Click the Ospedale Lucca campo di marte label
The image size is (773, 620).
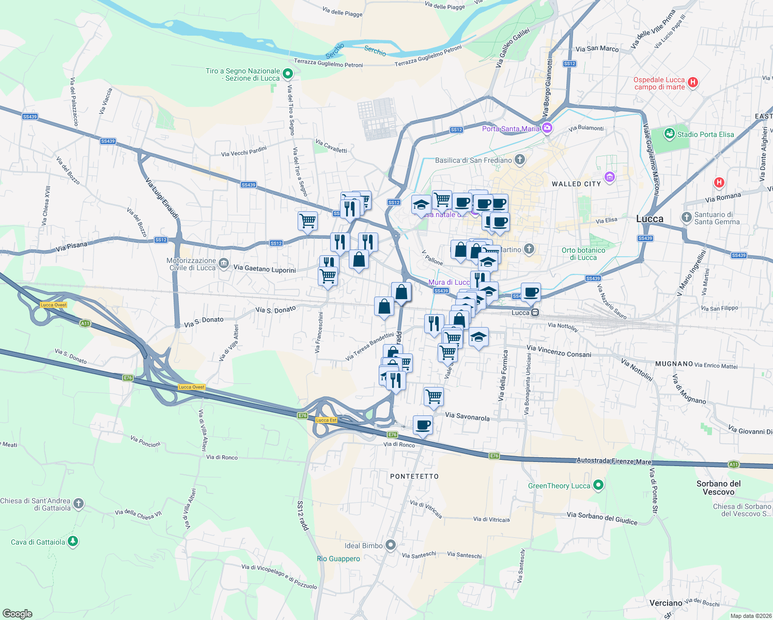point(659,83)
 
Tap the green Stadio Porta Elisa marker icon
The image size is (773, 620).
point(670,134)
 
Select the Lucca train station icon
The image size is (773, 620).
point(536,313)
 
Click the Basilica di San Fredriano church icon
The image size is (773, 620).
point(520,160)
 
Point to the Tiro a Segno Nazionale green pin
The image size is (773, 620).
point(287,74)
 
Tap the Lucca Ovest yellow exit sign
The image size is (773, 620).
point(54,305)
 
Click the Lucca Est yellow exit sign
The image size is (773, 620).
point(326,420)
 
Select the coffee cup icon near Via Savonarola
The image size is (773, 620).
point(423,425)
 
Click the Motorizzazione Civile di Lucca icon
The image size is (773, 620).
point(223,264)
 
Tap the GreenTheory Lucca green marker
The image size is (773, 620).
point(598,485)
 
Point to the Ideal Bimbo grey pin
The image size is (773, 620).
point(391,545)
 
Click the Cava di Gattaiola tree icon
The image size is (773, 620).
point(73,541)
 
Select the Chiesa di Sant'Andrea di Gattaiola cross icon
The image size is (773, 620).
point(78,503)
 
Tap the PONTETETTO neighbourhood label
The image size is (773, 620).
point(414,476)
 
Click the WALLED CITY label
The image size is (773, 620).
point(576,184)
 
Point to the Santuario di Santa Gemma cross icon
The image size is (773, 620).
point(687,218)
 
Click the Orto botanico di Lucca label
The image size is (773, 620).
point(583,254)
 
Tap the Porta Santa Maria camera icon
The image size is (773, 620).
point(547,128)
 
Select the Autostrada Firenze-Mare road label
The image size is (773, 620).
point(614,461)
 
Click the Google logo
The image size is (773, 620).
point(18,614)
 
